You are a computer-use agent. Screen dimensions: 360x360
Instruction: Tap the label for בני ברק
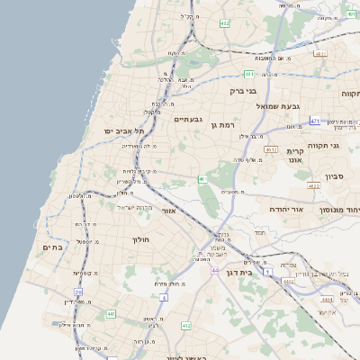pyautogui.click(x=244, y=91)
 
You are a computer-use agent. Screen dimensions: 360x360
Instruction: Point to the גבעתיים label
pyautogui.click(x=189, y=119)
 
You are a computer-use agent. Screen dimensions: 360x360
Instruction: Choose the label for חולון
pyautogui.click(x=144, y=239)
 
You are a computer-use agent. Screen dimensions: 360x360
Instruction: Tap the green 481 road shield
pyautogui.click(x=248, y=74)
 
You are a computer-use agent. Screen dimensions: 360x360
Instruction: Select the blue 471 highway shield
pyautogui.click(x=314, y=121)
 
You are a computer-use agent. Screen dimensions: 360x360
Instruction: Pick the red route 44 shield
pyautogui.click(x=215, y=269)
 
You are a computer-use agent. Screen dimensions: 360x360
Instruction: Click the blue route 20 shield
pyautogui.click(x=78, y=292)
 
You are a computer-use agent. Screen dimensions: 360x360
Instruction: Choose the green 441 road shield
pyautogui.click(x=112, y=313)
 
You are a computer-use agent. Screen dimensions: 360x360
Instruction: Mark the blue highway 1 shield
pyautogui.click(x=165, y=296)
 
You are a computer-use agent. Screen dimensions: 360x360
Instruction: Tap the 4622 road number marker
pyautogui.click(x=313, y=185)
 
